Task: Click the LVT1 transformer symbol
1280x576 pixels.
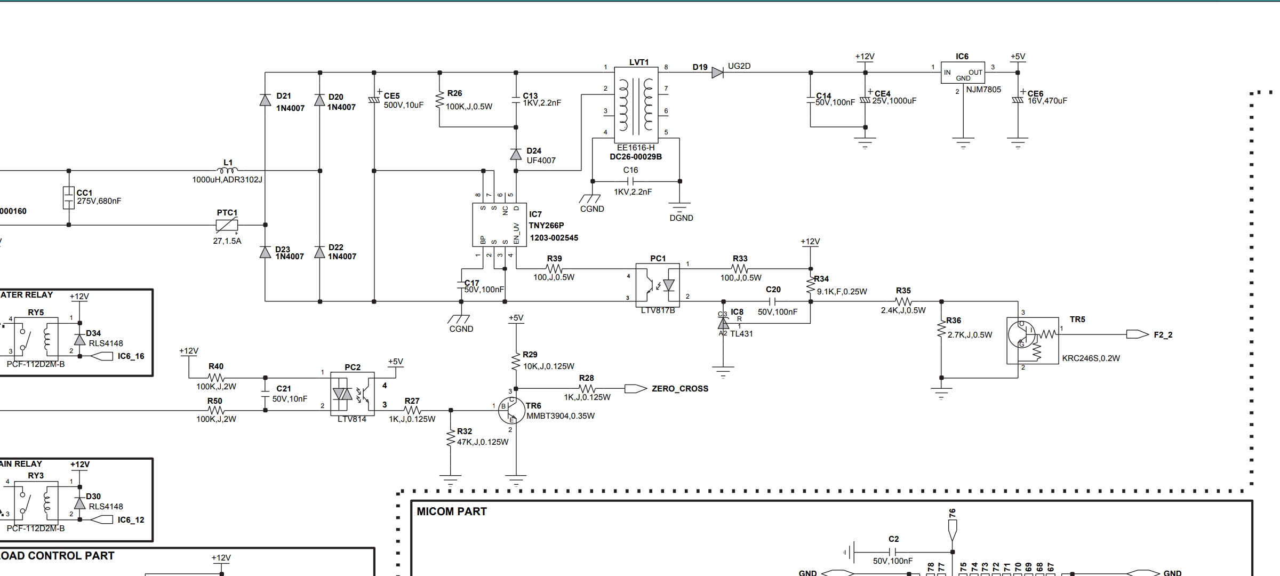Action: (x=639, y=105)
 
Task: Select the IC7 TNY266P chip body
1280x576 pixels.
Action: (x=499, y=225)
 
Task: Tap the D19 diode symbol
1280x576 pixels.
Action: (x=717, y=73)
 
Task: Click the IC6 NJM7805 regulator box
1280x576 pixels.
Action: (x=963, y=73)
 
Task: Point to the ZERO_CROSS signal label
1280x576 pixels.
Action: (x=680, y=389)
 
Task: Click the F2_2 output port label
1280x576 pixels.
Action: (x=1163, y=335)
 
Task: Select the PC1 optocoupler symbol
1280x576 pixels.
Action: (x=658, y=285)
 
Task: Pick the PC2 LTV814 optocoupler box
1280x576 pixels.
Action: (x=352, y=394)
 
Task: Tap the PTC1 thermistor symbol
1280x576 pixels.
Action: (x=227, y=226)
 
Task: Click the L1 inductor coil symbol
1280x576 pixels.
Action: (x=228, y=170)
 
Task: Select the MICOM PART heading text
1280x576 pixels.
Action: (x=452, y=511)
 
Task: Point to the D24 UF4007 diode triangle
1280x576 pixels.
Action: (x=516, y=155)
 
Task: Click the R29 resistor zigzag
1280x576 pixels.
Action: (x=516, y=361)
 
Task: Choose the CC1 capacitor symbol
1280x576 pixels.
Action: (x=68, y=198)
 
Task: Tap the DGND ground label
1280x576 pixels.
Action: (x=681, y=218)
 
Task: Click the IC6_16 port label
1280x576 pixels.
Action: (x=131, y=356)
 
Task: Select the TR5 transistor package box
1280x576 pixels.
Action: (x=1033, y=341)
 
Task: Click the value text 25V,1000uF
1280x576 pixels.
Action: (x=894, y=101)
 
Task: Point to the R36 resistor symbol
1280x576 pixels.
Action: (x=941, y=330)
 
